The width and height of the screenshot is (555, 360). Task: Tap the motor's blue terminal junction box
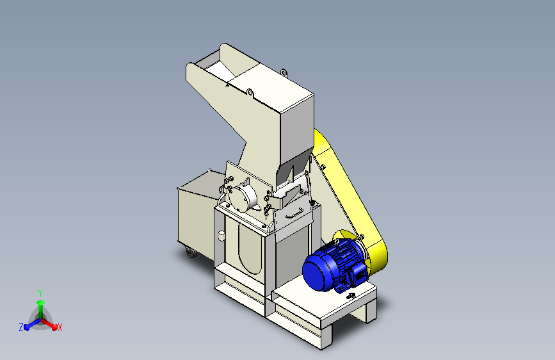(358, 274)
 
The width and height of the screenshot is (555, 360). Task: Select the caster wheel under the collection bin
(191, 252)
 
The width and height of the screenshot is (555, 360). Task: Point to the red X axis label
(60, 328)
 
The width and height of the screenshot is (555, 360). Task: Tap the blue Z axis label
(21, 327)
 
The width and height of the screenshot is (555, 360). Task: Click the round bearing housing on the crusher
(242, 197)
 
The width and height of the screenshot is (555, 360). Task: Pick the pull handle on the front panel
(294, 214)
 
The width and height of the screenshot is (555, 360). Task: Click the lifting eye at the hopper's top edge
(283, 73)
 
